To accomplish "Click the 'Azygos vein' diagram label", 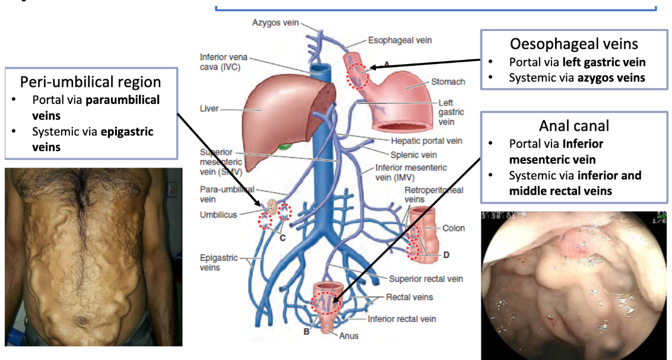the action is pyautogui.click(x=275, y=23).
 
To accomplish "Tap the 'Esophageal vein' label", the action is pyautogui.click(x=400, y=40).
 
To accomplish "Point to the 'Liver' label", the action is pyautogui.click(x=210, y=109).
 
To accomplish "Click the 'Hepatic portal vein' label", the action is pyautogui.click(x=426, y=141).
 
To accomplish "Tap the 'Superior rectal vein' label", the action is pyautogui.click(x=426, y=279).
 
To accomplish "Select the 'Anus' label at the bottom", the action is pyautogui.click(x=348, y=336).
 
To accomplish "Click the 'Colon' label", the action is pyautogui.click(x=454, y=228).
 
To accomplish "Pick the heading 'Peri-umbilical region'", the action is pyautogui.click(x=91, y=81).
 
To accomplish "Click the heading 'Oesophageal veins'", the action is pyautogui.click(x=574, y=44).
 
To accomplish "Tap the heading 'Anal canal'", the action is pyautogui.click(x=574, y=125).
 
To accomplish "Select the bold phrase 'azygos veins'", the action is pyautogui.click(x=611, y=77).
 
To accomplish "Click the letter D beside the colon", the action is pyautogui.click(x=446, y=255).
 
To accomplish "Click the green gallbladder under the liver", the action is pyautogui.click(x=286, y=145).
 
